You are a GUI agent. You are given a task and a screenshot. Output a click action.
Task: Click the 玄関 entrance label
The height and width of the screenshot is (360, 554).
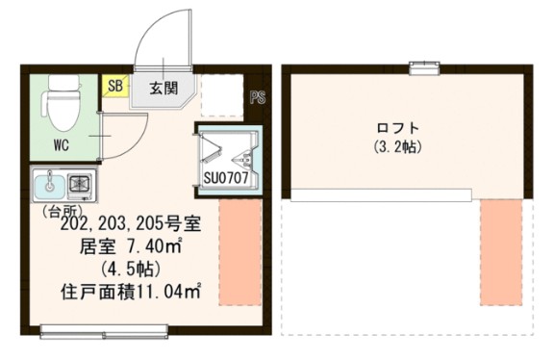[163, 88]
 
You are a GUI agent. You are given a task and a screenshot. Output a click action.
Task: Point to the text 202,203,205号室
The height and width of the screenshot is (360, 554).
[130, 224]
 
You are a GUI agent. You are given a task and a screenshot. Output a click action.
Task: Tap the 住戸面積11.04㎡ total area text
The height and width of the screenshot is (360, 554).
[131, 289]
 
